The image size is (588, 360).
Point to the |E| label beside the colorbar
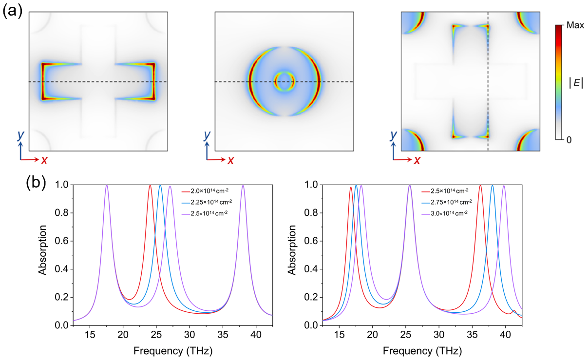[x=575, y=83]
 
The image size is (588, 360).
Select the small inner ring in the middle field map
[x=284, y=81]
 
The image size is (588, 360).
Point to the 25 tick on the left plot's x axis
[x=156, y=335]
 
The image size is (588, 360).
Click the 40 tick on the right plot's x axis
[x=505, y=335]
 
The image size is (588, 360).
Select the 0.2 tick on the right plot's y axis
[x=310, y=297]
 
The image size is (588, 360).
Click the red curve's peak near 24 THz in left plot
[x=150, y=185]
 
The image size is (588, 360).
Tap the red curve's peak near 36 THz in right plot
[x=480, y=185]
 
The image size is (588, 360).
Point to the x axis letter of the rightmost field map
[x=418, y=160]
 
